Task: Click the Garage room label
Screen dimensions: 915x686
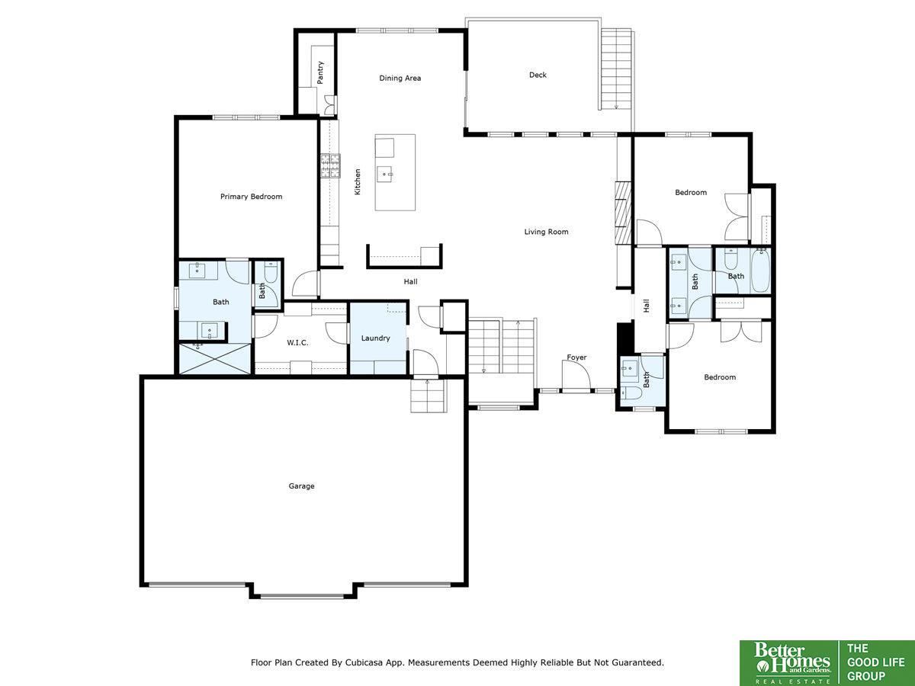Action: point(301,486)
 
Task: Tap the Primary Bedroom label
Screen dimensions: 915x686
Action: point(251,197)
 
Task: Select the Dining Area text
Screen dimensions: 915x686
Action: point(400,78)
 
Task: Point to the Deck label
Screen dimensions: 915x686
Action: point(538,75)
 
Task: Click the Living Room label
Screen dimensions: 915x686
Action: point(546,232)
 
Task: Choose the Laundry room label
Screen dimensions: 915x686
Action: point(376,338)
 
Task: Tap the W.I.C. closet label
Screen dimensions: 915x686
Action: point(297,343)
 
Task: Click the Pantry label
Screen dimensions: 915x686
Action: point(320,72)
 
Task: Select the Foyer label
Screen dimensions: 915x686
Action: point(576,357)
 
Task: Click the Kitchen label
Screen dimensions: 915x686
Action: point(358,181)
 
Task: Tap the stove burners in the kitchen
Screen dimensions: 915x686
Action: point(331,165)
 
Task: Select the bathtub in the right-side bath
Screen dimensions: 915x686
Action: point(760,271)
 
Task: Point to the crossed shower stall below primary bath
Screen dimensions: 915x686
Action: point(215,358)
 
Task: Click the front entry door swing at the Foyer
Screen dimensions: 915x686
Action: point(576,376)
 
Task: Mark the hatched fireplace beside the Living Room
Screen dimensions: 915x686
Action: point(623,213)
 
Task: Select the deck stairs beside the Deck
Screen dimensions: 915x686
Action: point(616,69)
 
